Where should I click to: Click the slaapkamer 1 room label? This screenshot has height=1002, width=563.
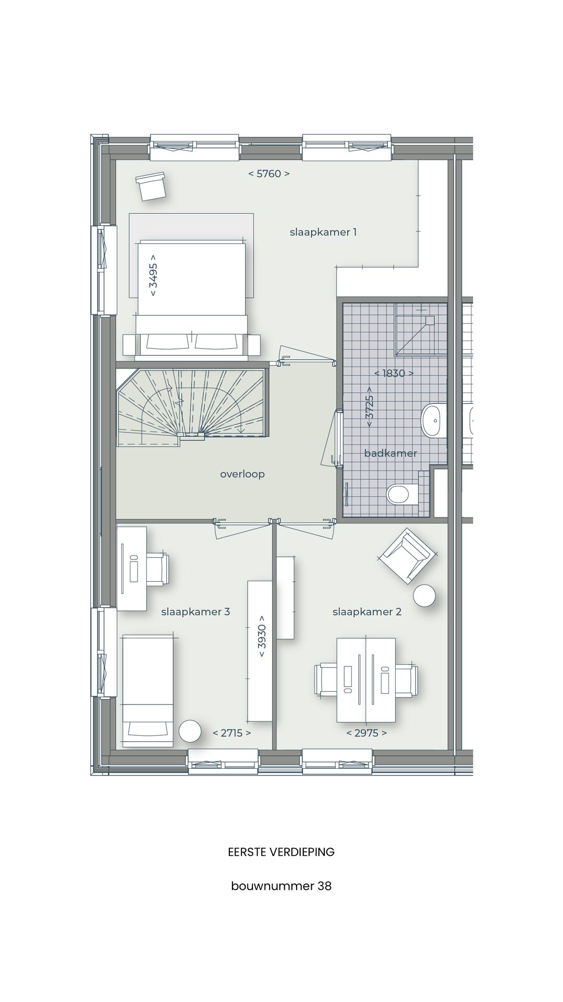(323, 232)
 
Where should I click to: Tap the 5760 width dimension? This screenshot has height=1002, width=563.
(268, 174)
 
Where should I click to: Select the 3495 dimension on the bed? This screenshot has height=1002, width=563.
(153, 275)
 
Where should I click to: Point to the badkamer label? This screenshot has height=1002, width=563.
(390, 453)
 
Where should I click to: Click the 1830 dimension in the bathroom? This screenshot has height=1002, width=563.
(394, 373)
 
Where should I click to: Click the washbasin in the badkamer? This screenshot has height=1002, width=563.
(432, 420)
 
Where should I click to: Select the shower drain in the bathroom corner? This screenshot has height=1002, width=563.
(430, 319)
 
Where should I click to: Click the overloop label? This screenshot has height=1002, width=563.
(242, 474)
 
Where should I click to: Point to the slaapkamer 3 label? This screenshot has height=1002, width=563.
(195, 612)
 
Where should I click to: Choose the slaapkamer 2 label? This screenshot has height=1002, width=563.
(367, 612)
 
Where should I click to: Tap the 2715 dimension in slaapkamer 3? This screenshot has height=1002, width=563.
(231, 733)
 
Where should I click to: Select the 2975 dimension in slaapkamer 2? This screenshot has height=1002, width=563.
(366, 733)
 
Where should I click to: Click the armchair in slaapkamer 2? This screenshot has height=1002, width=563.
(406, 556)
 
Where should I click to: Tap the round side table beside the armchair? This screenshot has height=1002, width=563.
(424, 595)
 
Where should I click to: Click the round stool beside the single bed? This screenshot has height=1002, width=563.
(190, 731)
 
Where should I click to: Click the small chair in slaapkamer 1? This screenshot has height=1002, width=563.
(151, 186)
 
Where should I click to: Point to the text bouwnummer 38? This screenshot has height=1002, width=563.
(281, 886)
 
